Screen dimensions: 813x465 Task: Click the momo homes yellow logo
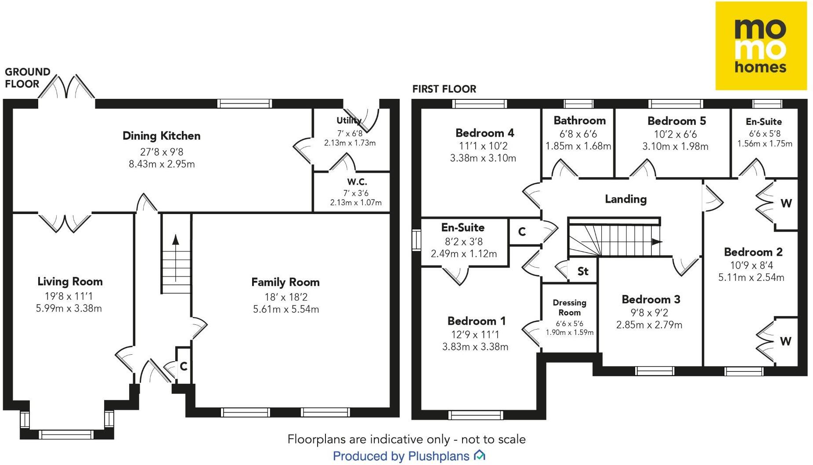[761, 46]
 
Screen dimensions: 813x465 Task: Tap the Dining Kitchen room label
[162, 136]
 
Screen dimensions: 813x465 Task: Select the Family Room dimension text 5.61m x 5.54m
[286, 309]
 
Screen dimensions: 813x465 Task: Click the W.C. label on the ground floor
[357, 182]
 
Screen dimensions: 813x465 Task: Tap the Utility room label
[349, 120]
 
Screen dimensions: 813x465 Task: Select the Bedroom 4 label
[485, 133]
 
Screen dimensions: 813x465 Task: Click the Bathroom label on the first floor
[579, 120]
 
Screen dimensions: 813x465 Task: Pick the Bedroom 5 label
[677, 121]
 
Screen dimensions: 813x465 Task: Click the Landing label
[626, 199]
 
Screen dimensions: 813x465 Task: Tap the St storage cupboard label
[583, 271]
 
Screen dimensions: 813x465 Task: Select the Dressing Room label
[570, 308]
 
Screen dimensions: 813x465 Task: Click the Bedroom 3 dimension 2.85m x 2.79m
[649, 325]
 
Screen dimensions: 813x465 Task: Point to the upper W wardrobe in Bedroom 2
[786, 203]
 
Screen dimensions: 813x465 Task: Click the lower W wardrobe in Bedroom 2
[786, 341]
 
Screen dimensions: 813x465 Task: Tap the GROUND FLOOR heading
[27, 78]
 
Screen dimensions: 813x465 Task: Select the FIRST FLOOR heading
[444, 89]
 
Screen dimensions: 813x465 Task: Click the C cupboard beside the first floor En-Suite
[522, 232]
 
